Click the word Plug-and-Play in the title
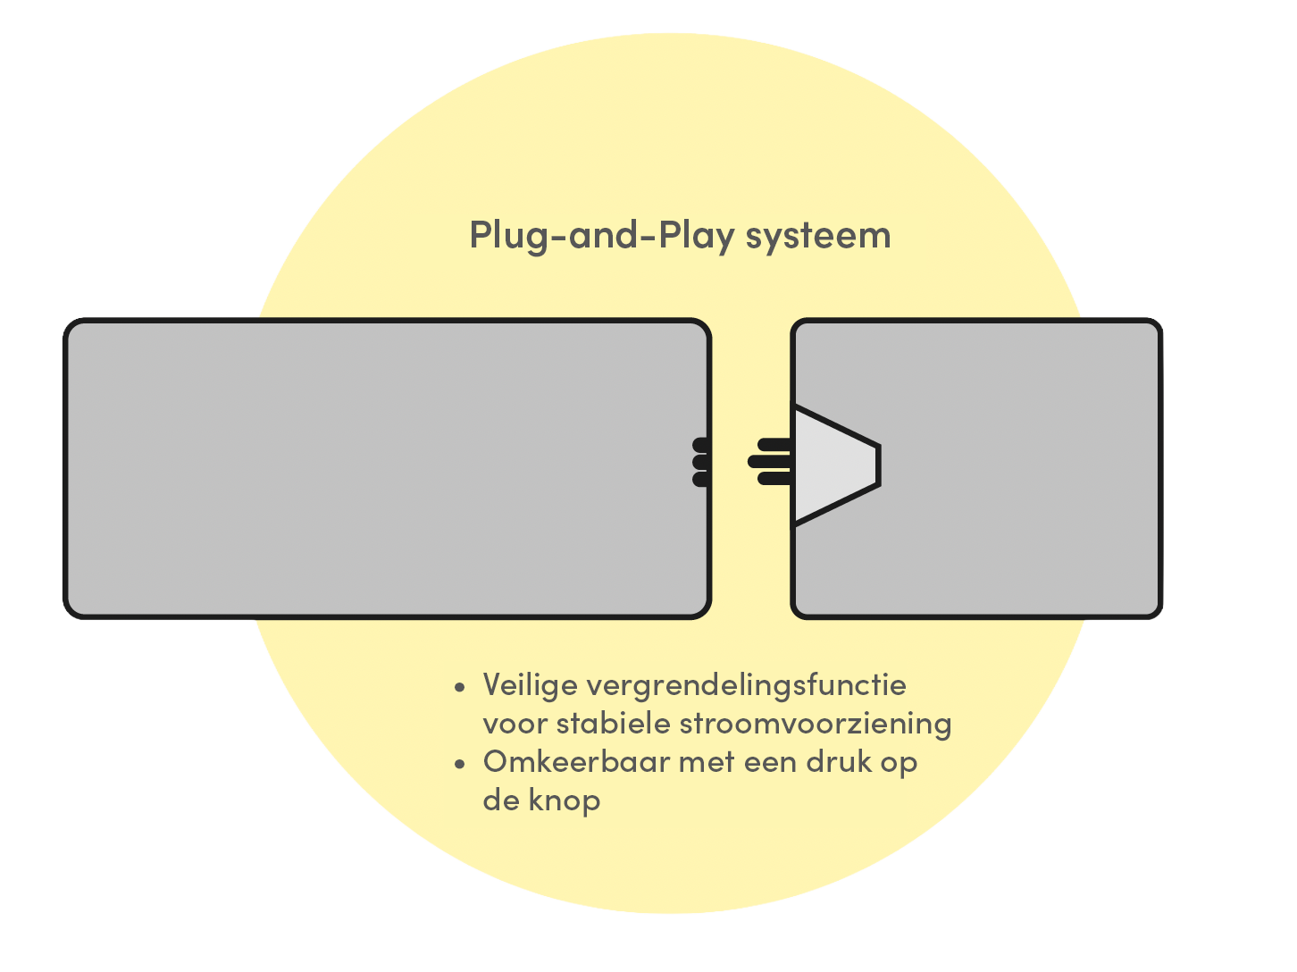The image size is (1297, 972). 602,236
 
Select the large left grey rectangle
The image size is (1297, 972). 387,468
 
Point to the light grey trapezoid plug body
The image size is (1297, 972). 834,465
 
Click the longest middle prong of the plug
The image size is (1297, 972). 769,462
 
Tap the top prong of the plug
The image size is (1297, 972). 774,444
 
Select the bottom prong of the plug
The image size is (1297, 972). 774,478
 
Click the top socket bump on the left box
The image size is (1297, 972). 701,444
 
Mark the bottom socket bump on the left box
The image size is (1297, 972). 701,479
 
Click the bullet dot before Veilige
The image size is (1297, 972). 460,687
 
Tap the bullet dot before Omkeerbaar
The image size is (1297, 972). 460,764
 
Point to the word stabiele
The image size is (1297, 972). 614,724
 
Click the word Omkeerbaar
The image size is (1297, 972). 577,762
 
